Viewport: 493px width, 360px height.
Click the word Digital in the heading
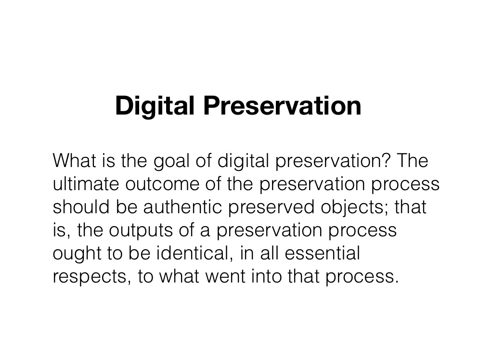(x=155, y=106)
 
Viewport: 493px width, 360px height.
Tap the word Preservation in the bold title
(x=282, y=106)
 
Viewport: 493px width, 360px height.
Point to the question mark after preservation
(x=386, y=160)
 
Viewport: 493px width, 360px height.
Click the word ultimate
(x=86, y=184)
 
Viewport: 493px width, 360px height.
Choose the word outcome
(x=162, y=184)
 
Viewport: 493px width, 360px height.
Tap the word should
(x=81, y=207)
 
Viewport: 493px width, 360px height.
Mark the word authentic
(x=182, y=207)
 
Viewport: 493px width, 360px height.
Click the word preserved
(x=271, y=207)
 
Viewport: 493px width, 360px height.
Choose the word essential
(x=322, y=253)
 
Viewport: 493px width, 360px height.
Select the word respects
(x=90, y=277)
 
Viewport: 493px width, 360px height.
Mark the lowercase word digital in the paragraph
(x=243, y=161)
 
